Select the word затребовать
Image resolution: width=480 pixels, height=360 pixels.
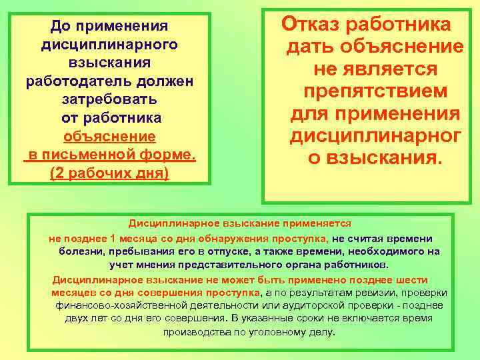click(109, 99)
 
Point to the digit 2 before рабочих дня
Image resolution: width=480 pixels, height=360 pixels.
click(57, 173)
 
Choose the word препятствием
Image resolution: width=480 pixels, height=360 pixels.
click(375, 91)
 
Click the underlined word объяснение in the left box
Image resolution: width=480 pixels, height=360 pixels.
click(109, 136)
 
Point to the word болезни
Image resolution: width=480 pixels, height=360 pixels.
click(79, 251)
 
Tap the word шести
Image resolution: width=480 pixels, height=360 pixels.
click(413, 280)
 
